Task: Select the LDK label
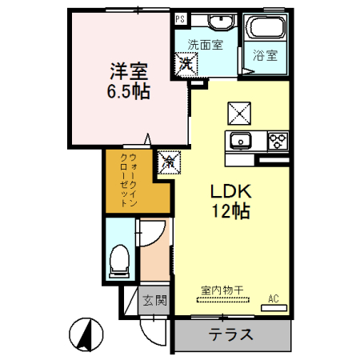click(231, 192)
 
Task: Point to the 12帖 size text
click(231, 212)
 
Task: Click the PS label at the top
click(181, 18)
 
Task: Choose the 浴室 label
click(266, 55)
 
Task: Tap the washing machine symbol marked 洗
click(186, 62)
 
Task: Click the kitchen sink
click(240, 142)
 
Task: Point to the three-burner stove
click(278, 142)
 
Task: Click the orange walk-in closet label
click(127, 180)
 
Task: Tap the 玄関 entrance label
click(154, 302)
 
